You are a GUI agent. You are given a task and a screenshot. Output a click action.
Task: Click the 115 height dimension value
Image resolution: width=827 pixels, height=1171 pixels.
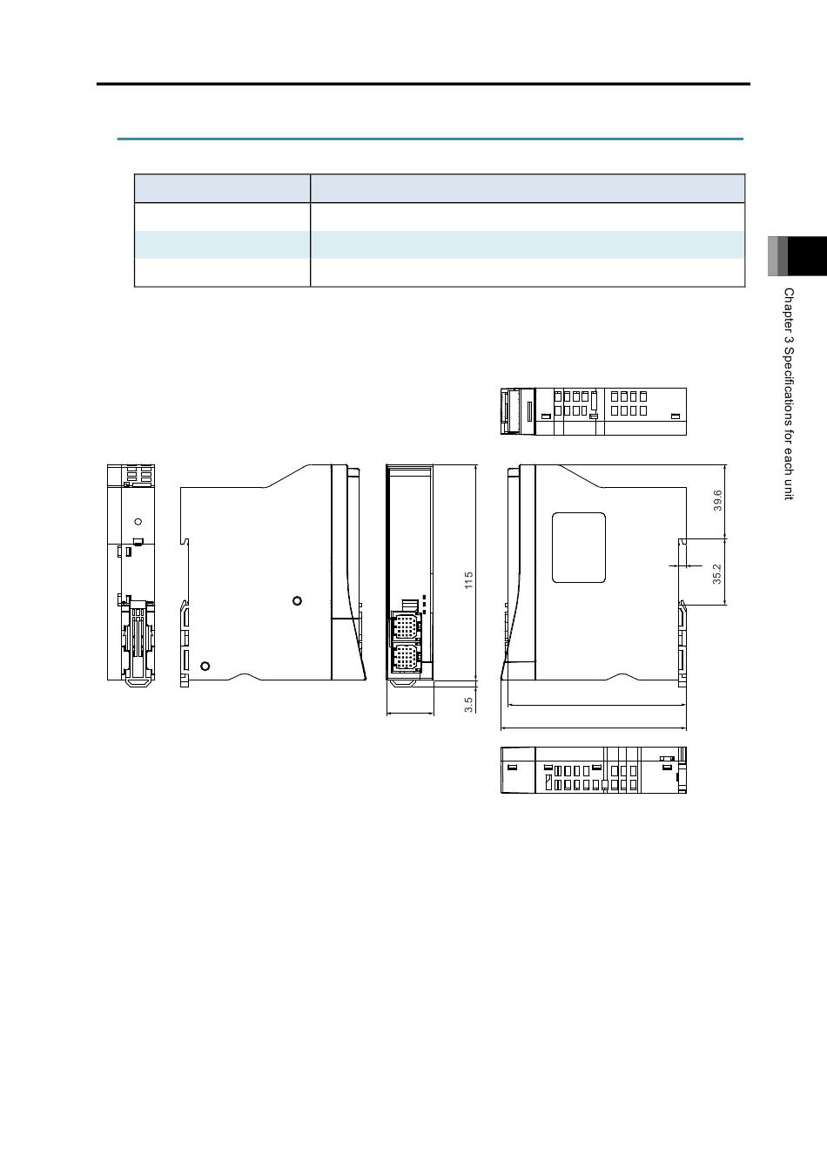(x=468, y=580)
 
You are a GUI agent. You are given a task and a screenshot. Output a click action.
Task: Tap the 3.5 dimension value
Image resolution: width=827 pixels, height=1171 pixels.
(x=468, y=705)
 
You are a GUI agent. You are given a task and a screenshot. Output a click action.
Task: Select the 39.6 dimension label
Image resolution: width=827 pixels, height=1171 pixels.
(x=717, y=500)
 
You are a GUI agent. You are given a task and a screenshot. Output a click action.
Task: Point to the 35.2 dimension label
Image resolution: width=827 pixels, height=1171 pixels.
(x=717, y=573)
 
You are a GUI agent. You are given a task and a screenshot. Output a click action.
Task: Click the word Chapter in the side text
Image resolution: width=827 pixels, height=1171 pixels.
(x=789, y=309)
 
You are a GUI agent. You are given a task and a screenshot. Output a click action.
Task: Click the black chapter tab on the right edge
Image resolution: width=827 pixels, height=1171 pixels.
(x=807, y=256)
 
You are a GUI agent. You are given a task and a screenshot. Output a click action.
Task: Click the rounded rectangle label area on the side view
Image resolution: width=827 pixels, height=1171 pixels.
(x=579, y=547)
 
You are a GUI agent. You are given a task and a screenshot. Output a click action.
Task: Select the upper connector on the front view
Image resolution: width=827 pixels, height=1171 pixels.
(x=404, y=626)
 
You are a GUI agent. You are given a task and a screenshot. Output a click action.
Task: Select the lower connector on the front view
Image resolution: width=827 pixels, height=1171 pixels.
(x=404, y=657)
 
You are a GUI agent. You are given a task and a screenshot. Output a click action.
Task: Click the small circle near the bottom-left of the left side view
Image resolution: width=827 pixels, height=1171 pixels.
(x=205, y=666)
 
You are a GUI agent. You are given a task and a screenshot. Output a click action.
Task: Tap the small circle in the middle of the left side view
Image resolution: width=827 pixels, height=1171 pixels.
(x=297, y=601)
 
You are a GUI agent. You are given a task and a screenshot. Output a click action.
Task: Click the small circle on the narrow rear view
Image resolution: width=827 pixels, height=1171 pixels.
(x=138, y=522)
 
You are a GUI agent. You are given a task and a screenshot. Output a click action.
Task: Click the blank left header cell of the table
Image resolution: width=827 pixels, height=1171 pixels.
(x=222, y=188)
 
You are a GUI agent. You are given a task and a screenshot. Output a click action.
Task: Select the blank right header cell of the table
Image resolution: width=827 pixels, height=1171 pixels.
(x=528, y=188)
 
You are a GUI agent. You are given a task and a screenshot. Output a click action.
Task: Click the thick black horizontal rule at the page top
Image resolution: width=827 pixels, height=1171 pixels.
(x=423, y=84)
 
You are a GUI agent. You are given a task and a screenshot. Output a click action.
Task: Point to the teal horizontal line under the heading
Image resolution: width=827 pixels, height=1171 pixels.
(x=430, y=139)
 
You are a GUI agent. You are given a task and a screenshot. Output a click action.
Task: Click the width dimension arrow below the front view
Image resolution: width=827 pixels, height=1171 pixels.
(x=410, y=713)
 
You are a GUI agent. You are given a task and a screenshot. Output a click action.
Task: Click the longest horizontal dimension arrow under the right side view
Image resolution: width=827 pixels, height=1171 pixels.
(x=594, y=728)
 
